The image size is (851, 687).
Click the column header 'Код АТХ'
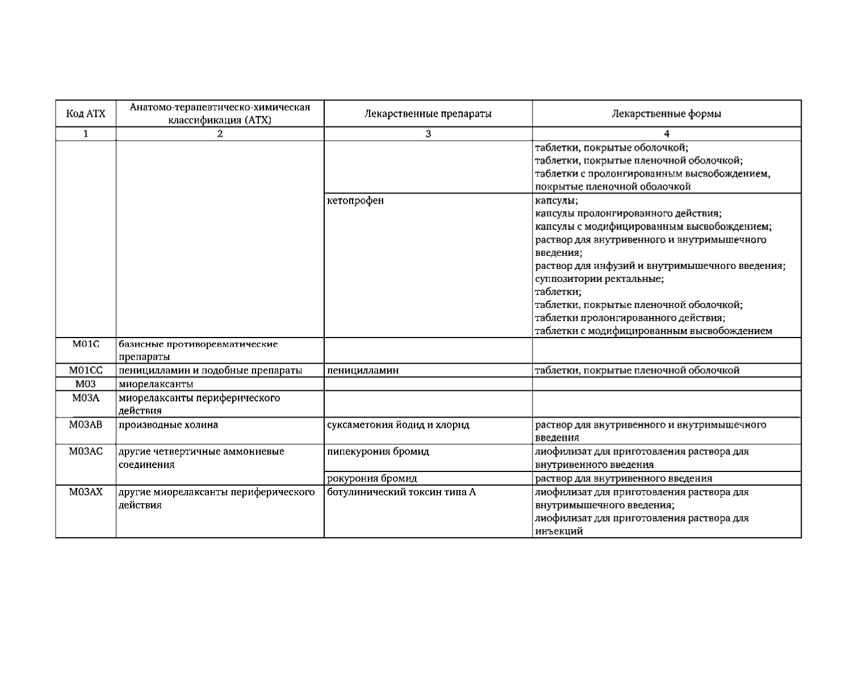[x=86, y=113]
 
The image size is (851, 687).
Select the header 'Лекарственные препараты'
[x=427, y=113]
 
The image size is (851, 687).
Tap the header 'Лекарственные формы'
[x=666, y=113]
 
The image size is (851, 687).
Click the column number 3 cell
[x=427, y=134]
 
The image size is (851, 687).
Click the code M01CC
[x=86, y=370]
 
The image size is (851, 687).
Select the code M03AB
[x=86, y=424]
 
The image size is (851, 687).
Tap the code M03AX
[x=86, y=492]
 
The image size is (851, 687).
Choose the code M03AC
[x=86, y=452]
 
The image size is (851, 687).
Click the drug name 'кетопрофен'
[x=355, y=200]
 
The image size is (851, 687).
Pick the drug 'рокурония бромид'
[x=372, y=478]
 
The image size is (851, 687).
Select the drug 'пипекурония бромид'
[x=378, y=452]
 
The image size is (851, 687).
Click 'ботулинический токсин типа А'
[x=401, y=492]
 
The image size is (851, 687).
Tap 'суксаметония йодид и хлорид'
[x=398, y=424]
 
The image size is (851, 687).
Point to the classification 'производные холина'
[x=168, y=424]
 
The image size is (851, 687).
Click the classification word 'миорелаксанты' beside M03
[x=156, y=384]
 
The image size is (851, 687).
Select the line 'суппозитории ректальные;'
[x=600, y=279]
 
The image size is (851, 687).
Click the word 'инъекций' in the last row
[x=559, y=532]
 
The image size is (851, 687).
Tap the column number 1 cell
[x=86, y=134]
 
